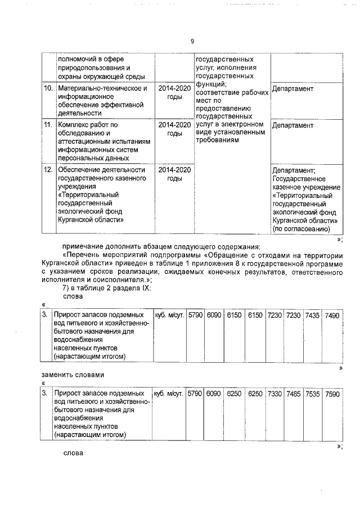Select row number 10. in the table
pos(48,89)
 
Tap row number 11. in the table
pos(48,125)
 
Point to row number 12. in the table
pos(48,170)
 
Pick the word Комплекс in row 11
pos(76,125)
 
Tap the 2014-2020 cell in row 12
pos(174,170)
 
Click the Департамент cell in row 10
pos(292,89)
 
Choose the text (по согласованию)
pos(300,229)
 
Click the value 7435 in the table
pos(312,316)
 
